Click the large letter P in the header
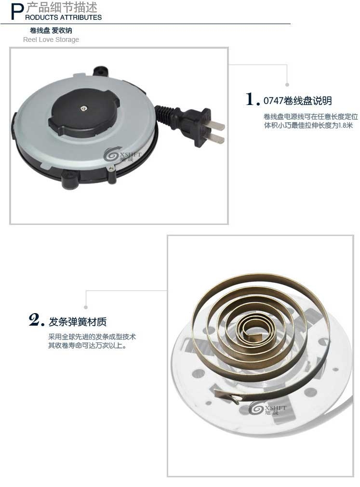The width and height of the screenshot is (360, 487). (x=17, y=12)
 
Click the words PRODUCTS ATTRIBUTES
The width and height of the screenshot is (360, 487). (x=63, y=17)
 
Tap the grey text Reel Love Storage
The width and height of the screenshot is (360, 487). (x=51, y=40)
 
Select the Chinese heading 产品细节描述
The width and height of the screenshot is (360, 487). (x=62, y=7)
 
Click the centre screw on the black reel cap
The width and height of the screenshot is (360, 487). (x=84, y=108)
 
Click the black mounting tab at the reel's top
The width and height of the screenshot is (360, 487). (x=100, y=71)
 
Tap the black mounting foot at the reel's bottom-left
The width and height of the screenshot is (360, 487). (x=69, y=180)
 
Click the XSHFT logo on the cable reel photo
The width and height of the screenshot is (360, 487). (x=122, y=154)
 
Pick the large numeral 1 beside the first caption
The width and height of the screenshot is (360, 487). (x=250, y=99)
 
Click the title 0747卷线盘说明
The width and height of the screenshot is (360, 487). (x=297, y=101)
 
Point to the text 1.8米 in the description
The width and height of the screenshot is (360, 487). (x=346, y=125)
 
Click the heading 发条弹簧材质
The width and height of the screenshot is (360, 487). (x=78, y=322)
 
